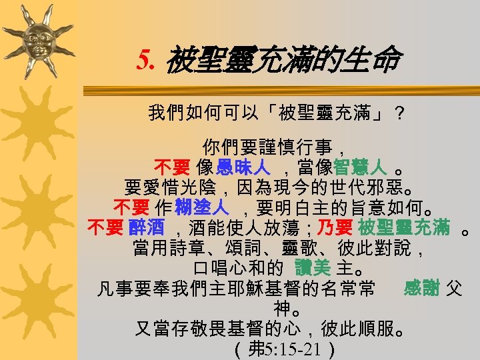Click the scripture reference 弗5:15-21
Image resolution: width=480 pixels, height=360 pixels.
pyautogui.click(x=279, y=349)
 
